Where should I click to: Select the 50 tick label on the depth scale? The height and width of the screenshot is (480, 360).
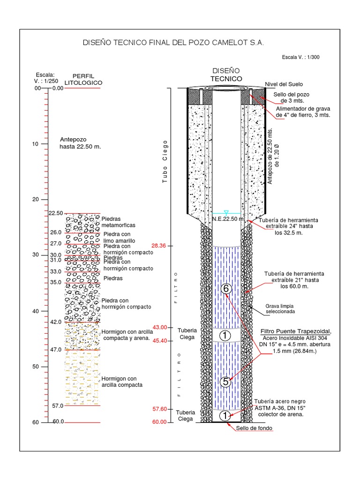click(x=36, y=367)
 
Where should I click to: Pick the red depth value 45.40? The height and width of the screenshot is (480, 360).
click(x=159, y=341)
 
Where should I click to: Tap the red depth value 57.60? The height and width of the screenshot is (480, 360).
click(x=159, y=409)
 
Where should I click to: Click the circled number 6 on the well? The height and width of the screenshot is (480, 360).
click(x=226, y=289)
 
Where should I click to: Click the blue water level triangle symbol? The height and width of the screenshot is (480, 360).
click(x=226, y=212)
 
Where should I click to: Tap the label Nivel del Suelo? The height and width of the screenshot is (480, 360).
click(x=284, y=84)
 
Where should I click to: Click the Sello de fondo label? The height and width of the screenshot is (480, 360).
click(x=254, y=428)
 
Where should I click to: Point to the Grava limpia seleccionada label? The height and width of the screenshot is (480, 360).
click(x=281, y=308)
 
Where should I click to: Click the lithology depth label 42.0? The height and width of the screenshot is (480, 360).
click(x=56, y=322)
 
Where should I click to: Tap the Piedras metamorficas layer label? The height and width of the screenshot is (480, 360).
click(x=111, y=222)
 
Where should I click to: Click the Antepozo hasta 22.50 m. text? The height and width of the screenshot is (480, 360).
click(x=80, y=143)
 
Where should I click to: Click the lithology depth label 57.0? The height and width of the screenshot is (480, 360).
click(x=57, y=405)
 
